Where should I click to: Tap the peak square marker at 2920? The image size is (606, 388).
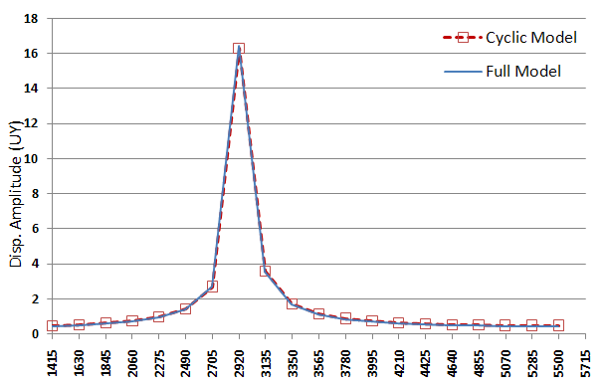[239, 49]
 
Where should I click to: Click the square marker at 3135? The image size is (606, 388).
[266, 271]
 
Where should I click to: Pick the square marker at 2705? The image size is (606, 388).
[212, 287]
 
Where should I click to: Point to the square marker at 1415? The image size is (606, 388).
[52, 325]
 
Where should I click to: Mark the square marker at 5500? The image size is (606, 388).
[558, 325]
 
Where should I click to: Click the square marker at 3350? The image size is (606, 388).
[293, 302]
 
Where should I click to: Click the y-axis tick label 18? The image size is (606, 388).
[32, 19]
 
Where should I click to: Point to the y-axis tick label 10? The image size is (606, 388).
[32, 159]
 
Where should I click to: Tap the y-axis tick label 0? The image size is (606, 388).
[35, 334]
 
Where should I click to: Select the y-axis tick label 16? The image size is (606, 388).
[32, 54]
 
